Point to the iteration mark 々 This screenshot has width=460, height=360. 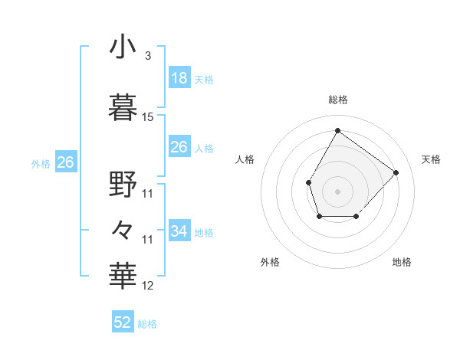(x=123, y=229)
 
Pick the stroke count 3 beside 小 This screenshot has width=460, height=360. (x=147, y=56)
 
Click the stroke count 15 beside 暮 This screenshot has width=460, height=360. (x=148, y=117)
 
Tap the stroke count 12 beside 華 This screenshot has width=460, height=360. (x=148, y=286)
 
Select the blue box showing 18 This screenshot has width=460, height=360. (x=179, y=78)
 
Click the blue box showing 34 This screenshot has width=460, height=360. (x=179, y=231)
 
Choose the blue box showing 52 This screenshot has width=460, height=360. (x=123, y=322)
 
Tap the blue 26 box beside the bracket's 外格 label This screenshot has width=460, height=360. (x=65, y=162)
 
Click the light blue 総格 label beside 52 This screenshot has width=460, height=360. (x=147, y=324)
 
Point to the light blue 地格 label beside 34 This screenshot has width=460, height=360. (x=204, y=233)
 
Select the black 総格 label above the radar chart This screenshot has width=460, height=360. (x=337, y=100)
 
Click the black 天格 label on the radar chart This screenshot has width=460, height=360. (x=432, y=159)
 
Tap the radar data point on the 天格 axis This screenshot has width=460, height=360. (x=396, y=172)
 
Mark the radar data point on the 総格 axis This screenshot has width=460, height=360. (x=337, y=130)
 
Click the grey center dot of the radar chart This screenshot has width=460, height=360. (x=337, y=191)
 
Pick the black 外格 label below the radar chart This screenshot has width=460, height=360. (x=270, y=262)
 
